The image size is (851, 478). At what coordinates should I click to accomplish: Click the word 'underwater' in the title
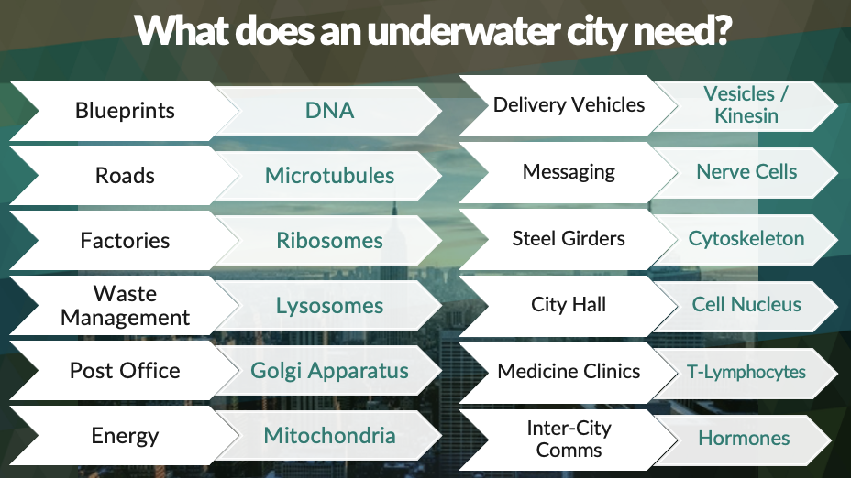[x=463, y=31]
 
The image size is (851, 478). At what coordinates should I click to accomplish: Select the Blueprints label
[x=125, y=111]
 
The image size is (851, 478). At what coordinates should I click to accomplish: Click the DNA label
[x=329, y=111]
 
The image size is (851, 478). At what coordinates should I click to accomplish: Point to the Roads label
[x=125, y=176]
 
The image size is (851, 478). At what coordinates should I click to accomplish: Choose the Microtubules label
[x=329, y=176]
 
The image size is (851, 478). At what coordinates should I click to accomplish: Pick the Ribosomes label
[x=329, y=241]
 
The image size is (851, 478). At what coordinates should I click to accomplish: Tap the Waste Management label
[x=125, y=306]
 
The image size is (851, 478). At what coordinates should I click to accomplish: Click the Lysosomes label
[x=329, y=306]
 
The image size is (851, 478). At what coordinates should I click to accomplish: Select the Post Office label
[x=125, y=371]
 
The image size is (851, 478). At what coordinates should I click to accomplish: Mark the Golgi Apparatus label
[x=329, y=371]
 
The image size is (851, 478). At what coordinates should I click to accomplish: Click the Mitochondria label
[x=329, y=436]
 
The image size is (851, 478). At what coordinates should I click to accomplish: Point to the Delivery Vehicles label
[x=569, y=105]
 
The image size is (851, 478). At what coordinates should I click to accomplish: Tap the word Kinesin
[x=746, y=116]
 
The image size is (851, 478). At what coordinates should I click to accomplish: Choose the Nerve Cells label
[x=746, y=172]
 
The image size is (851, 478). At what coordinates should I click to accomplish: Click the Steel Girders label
[x=569, y=238]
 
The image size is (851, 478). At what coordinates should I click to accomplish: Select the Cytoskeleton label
[x=746, y=239]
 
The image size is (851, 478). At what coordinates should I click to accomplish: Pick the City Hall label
[x=569, y=305]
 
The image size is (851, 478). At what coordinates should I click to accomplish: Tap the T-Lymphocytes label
[x=746, y=373]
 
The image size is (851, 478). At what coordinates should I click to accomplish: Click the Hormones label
[x=744, y=438]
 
